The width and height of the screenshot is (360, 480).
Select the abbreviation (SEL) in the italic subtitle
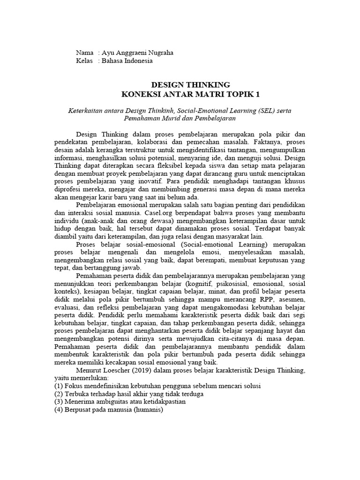click(271, 110)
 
